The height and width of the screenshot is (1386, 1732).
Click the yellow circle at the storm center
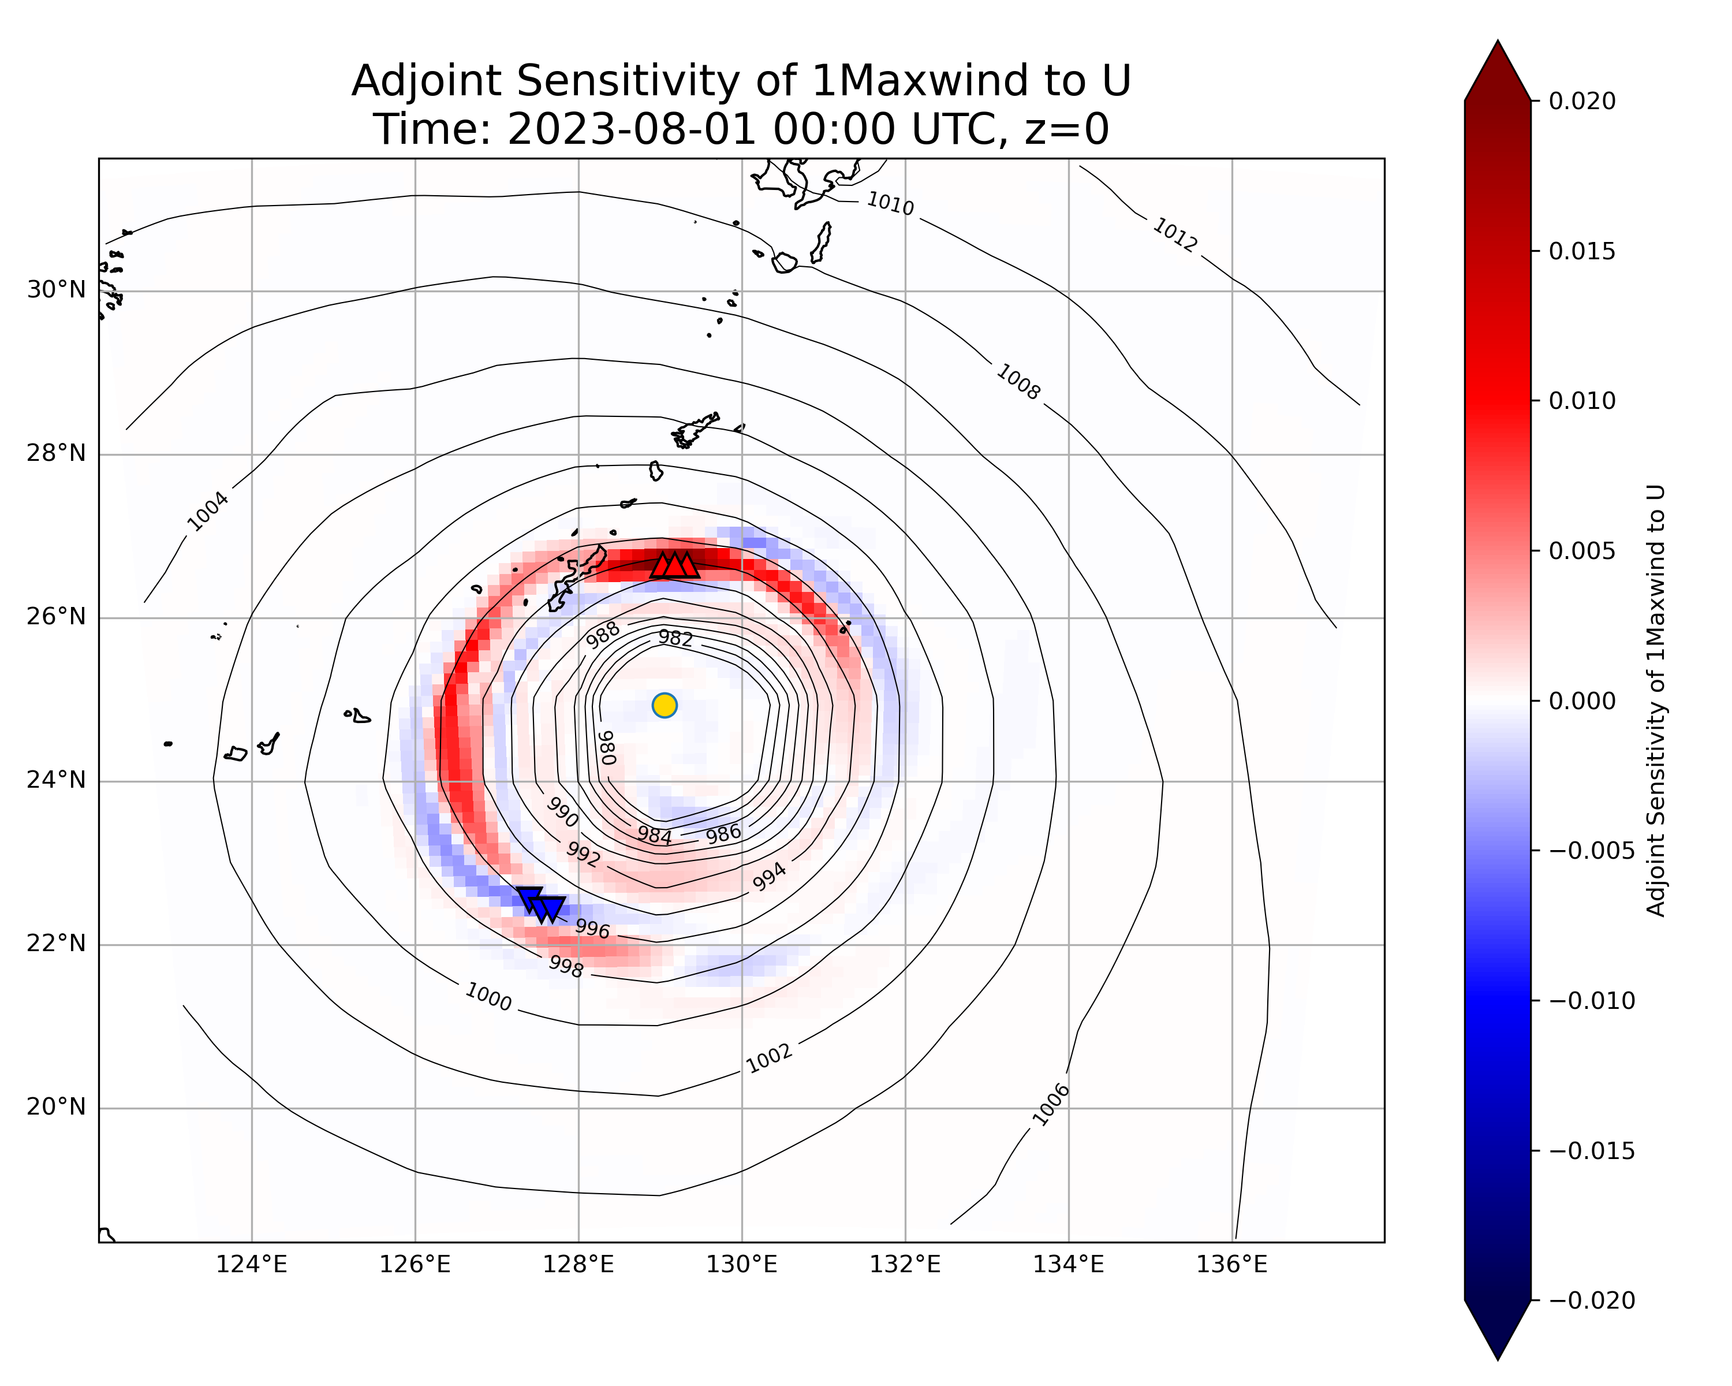[x=665, y=706]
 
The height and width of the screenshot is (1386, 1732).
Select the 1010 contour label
[x=890, y=204]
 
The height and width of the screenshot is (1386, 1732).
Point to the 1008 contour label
[x=1018, y=382]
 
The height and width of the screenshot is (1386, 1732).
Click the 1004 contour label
[x=207, y=512]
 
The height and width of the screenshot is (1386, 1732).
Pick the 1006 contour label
[x=1051, y=1105]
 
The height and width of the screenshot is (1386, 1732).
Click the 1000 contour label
[x=488, y=997]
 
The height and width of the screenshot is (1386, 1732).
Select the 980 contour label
[x=607, y=747]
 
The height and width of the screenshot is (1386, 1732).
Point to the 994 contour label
[x=769, y=877]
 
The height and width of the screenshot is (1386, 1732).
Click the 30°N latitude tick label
[x=56, y=290]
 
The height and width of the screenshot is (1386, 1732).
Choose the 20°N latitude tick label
[x=56, y=1107]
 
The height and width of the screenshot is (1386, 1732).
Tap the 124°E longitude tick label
[x=252, y=1265]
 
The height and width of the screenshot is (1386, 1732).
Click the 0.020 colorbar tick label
[x=1582, y=101]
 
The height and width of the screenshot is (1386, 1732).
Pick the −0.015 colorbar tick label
[x=1591, y=1150]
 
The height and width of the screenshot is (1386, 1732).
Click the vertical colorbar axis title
[x=1656, y=700]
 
